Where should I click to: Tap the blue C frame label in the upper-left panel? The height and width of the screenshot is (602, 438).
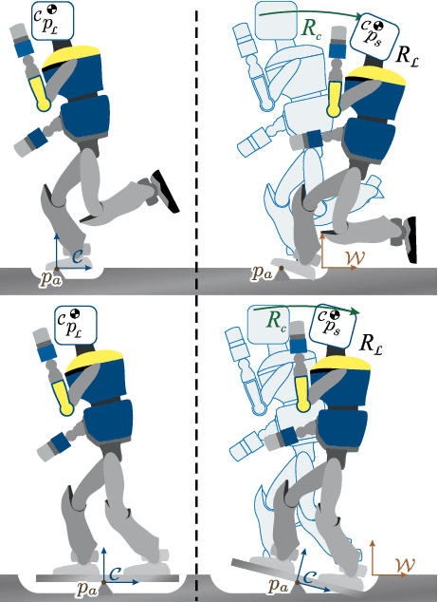[x=81, y=253]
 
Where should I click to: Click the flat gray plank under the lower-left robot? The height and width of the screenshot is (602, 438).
[x=104, y=576]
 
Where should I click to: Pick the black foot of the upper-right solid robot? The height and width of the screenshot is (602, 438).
[x=411, y=238]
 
